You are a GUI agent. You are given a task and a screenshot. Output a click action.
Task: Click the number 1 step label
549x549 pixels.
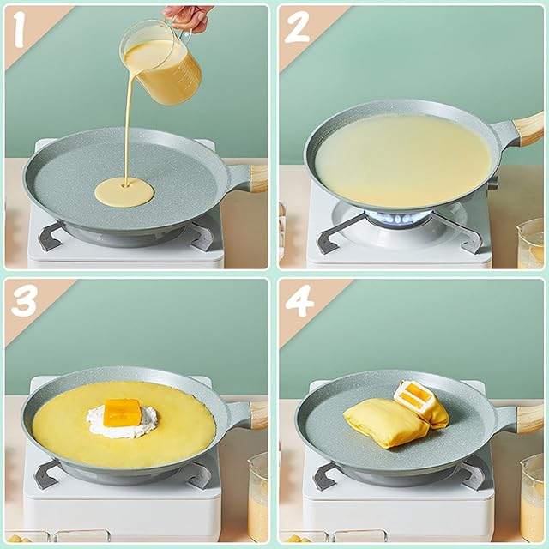pyautogui.click(x=20, y=30)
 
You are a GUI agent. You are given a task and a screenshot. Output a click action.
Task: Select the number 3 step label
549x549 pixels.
pyautogui.click(x=24, y=301)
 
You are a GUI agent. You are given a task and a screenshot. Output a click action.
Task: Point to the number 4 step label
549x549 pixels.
pyautogui.click(x=299, y=301)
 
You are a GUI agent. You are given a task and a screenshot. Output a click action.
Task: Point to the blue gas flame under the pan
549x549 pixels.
pyautogui.click(x=397, y=218)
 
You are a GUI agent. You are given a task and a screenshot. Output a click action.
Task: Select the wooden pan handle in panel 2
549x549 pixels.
pyautogui.click(x=529, y=129)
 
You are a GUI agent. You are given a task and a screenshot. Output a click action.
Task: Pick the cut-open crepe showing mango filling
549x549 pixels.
pyautogui.click(x=421, y=403)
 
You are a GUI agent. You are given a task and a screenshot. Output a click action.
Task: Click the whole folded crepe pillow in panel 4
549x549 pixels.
pyautogui.click(x=387, y=422)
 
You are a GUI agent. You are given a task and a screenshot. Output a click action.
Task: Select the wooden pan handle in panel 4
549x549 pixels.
pyautogui.click(x=530, y=419)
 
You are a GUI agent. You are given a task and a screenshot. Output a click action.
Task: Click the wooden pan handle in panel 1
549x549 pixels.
pyautogui.click(x=258, y=178)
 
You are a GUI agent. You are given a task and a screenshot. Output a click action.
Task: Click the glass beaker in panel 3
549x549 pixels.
pyautogui.click(x=258, y=498)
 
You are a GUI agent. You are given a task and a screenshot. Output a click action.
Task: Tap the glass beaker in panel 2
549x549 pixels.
pyautogui.click(x=531, y=244)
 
